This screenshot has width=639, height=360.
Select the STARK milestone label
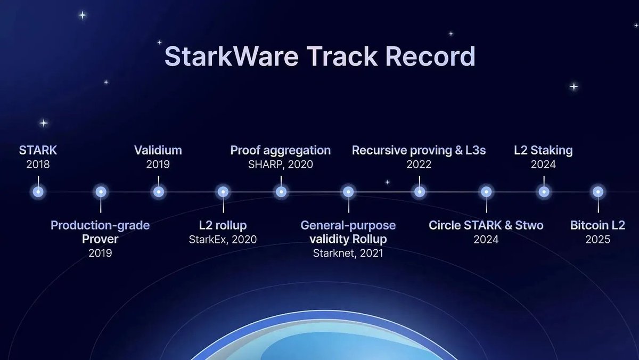click(x=38, y=150)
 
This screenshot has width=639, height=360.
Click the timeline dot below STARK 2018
click(x=38, y=192)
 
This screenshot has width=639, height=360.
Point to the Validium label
click(x=158, y=150)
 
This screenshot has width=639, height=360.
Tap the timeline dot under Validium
click(x=158, y=192)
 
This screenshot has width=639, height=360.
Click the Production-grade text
click(x=100, y=225)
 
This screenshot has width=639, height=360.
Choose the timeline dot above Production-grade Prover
click(x=101, y=192)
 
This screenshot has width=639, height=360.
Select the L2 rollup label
click(x=223, y=225)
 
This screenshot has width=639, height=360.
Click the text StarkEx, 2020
click(x=223, y=239)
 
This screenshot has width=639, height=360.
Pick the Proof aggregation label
click(x=281, y=150)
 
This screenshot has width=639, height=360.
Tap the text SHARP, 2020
click(x=281, y=164)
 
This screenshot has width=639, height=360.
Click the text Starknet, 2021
click(x=348, y=253)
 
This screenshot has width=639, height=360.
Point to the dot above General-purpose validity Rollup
click(x=348, y=192)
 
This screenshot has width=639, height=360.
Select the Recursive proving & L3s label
click(x=419, y=150)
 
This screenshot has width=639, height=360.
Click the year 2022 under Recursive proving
click(x=419, y=164)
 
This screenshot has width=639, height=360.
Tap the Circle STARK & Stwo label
click(x=486, y=225)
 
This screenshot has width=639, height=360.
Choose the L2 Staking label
click(x=543, y=150)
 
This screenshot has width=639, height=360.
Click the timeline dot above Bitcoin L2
click(x=598, y=192)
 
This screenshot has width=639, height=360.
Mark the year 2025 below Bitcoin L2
click(x=598, y=239)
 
